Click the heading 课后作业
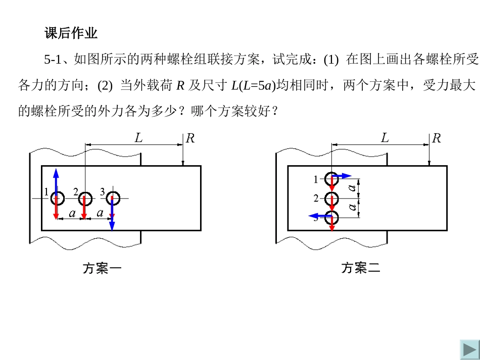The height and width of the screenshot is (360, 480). coord(71,34)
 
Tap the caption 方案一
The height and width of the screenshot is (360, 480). coord(102,268)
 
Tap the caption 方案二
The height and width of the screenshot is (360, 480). coord(360,268)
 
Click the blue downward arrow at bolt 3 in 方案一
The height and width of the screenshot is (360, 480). coord(112,220)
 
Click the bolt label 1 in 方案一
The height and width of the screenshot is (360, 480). coord(46,192)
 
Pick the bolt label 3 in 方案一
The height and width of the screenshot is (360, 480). coord(102,192)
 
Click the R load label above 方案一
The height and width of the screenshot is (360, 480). coord(190,138)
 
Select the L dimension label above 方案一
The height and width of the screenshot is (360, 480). coord(138,137)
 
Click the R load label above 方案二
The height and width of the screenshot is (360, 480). coord(436,138)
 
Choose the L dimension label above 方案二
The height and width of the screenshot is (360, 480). coord(385,137)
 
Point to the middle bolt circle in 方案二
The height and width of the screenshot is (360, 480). coord(331,198)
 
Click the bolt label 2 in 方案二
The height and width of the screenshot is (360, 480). coord(316,198)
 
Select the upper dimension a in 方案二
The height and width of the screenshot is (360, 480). coord(353,189)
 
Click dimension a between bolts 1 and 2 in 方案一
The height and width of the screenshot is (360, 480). coord(72,214)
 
